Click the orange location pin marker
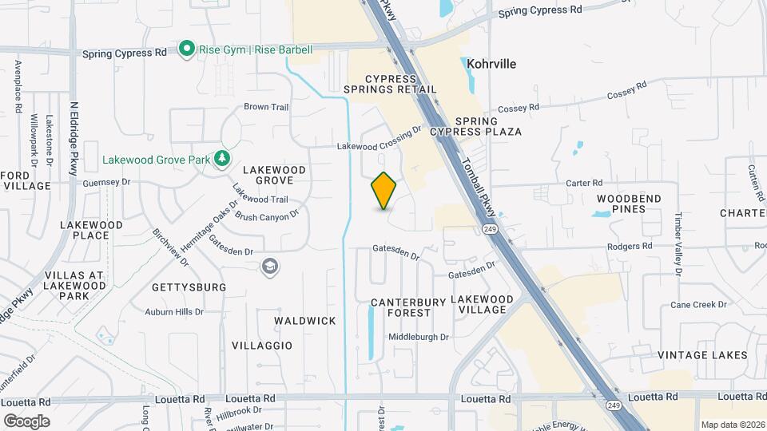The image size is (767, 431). tap(384, 191)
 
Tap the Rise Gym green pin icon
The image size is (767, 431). tap(187, 49)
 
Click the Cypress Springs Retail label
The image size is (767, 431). tap(391, 85)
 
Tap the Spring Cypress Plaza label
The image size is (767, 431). tap(477, 126)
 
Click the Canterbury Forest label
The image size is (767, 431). tap(401, 307)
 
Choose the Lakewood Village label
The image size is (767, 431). tap(490, 304)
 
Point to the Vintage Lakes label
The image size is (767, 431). tap(702, 355)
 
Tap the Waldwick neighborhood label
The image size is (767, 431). tap(305, 321)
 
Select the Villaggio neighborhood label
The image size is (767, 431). tap(262, 346)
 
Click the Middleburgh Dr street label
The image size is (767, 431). tap(419, 337)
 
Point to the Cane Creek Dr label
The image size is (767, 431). tap(699, 304)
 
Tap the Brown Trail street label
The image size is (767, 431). tap(266, 107)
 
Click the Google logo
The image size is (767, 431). tap(26, 421)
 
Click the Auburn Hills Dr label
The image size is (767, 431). tap(174, 312)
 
